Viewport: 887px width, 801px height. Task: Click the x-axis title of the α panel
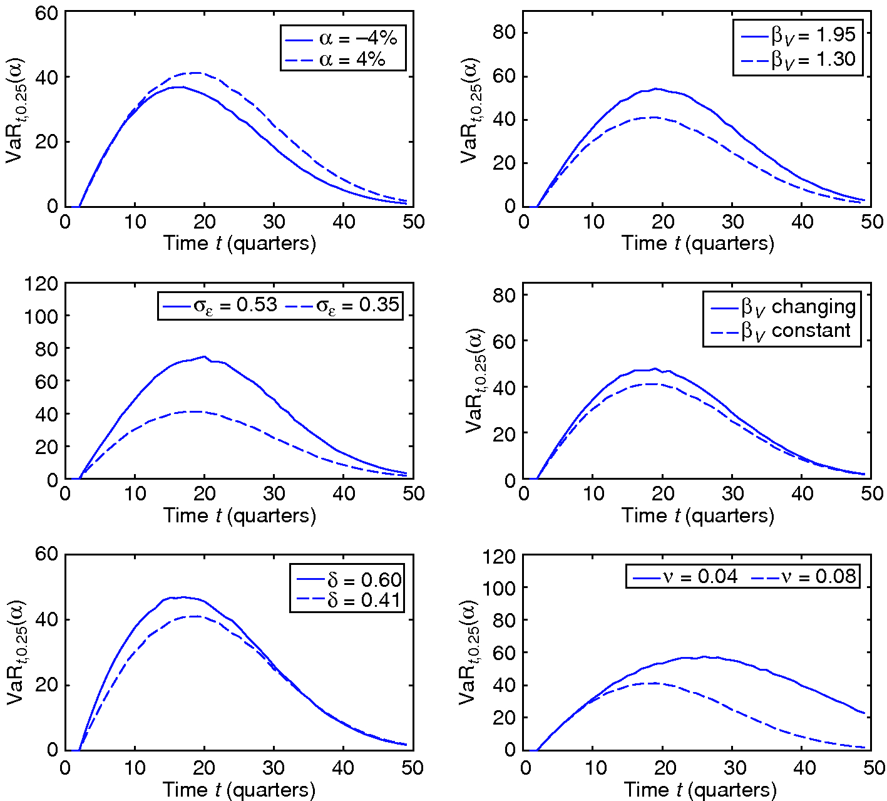pyautogui.click(x=239, y=243)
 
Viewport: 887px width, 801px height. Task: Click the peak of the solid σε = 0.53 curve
pyautogui.click(x=204, y=356)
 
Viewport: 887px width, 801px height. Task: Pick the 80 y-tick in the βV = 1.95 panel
pyautogui.click(x=503, y=33)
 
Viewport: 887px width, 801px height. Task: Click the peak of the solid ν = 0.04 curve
pyautogui.click(x=704, y=656)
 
